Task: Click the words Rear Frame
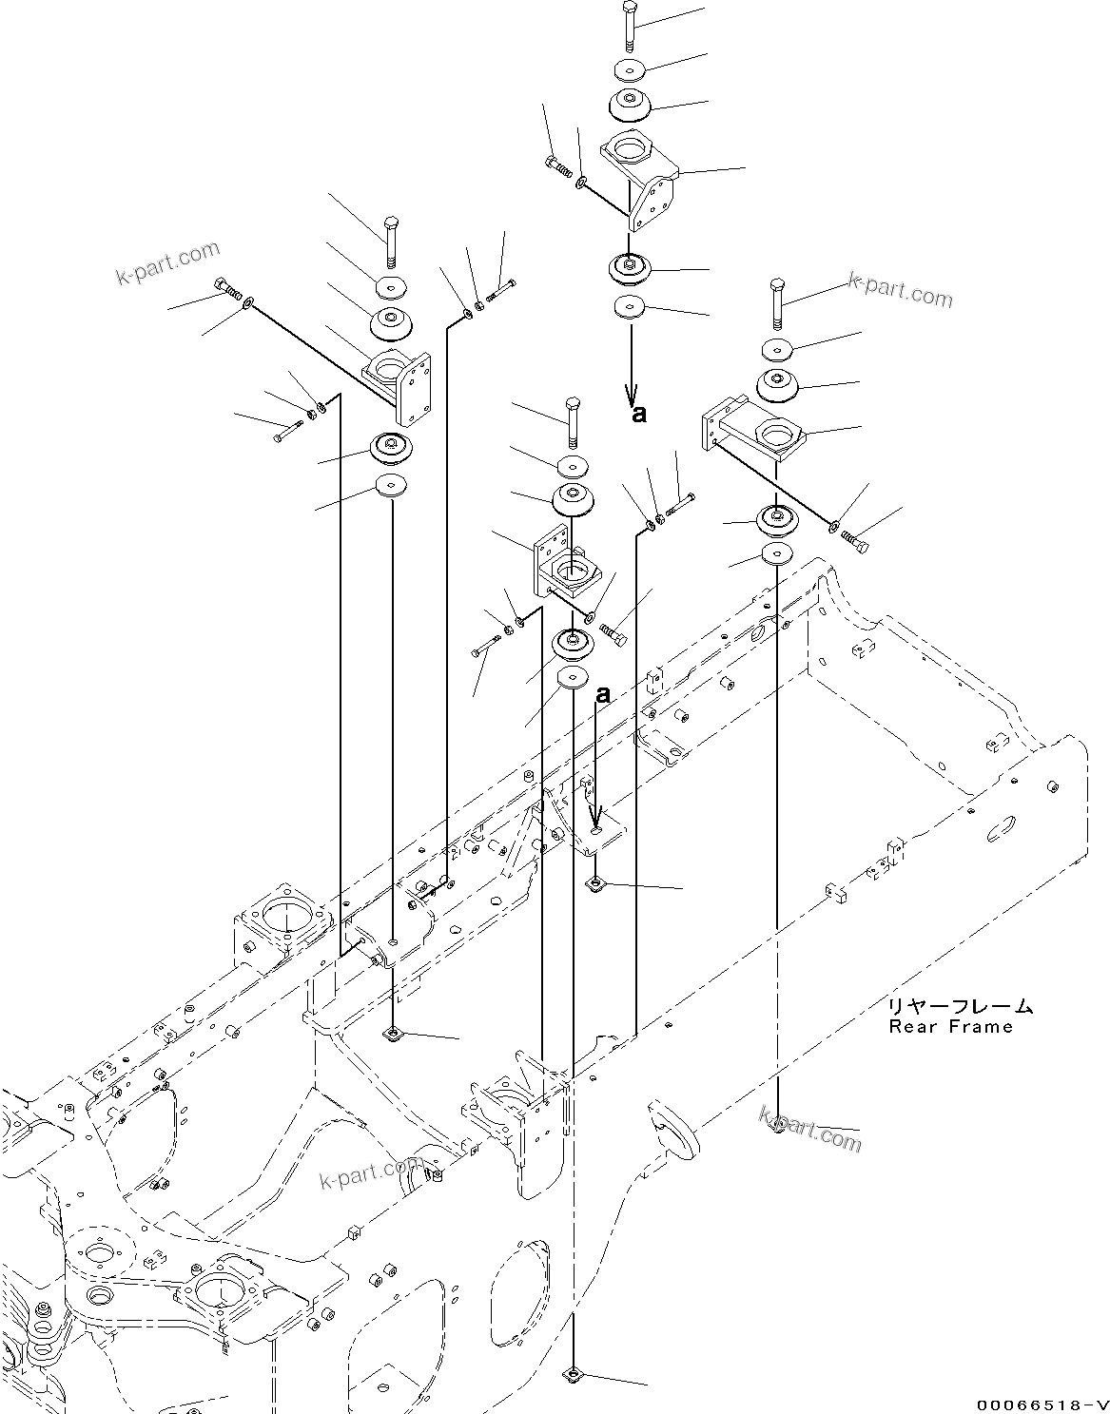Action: point(950,1028)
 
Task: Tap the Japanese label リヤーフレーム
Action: point(961,1008)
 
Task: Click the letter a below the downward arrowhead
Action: point(639,414)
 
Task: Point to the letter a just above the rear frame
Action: point(604,696)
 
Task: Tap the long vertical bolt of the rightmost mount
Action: point(777,304)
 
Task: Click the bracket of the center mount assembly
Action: point(567,563)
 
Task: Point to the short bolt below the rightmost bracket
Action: point(855,541)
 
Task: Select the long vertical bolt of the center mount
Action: point(573,422)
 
